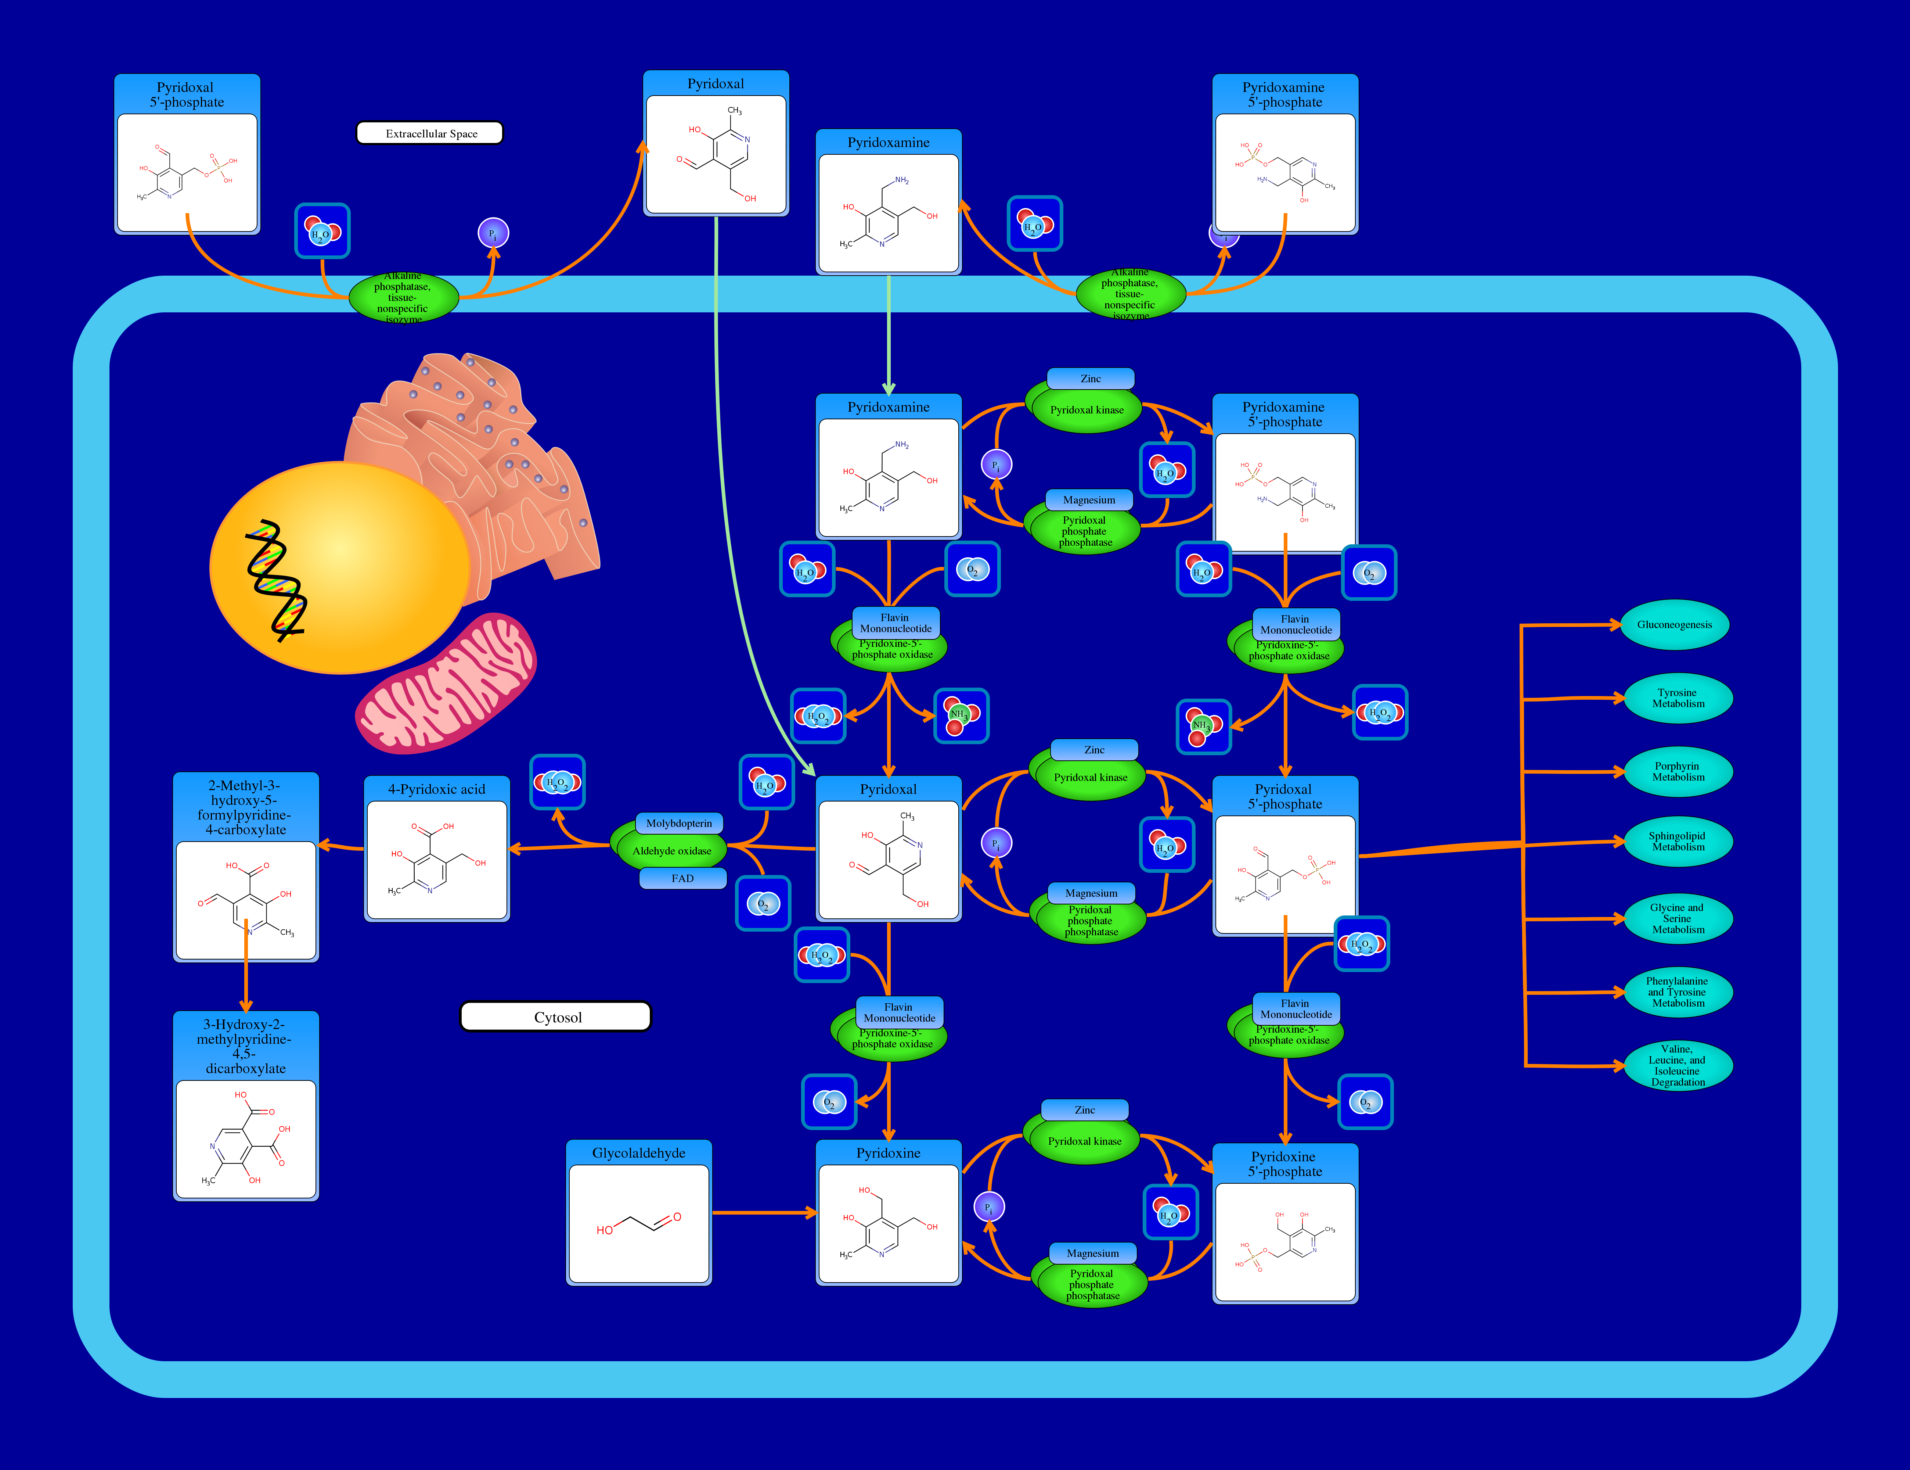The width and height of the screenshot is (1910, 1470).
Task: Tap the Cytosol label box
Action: pyautogui.click(x=556, y=1017)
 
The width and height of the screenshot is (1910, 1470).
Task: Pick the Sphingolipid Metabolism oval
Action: pyautogui.click(x=1677, y=841)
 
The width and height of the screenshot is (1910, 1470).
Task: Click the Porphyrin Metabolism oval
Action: pyautogui.click(x=1677, y=771)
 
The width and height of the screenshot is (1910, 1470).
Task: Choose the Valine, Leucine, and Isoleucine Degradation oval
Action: pyautogui.click(x=1677, y=1065)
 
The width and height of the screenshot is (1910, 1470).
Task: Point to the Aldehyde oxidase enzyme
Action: pyautogui.click(x=672, y=850)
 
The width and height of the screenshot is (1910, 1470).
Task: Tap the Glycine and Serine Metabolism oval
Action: pyautogui.click(x=1677, y=919)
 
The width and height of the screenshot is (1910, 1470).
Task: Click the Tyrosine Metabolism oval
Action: pyautogui.click(x=1677, y=698)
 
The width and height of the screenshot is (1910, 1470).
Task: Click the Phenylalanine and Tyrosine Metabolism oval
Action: pyautogui.click(x=1677, y=992)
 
